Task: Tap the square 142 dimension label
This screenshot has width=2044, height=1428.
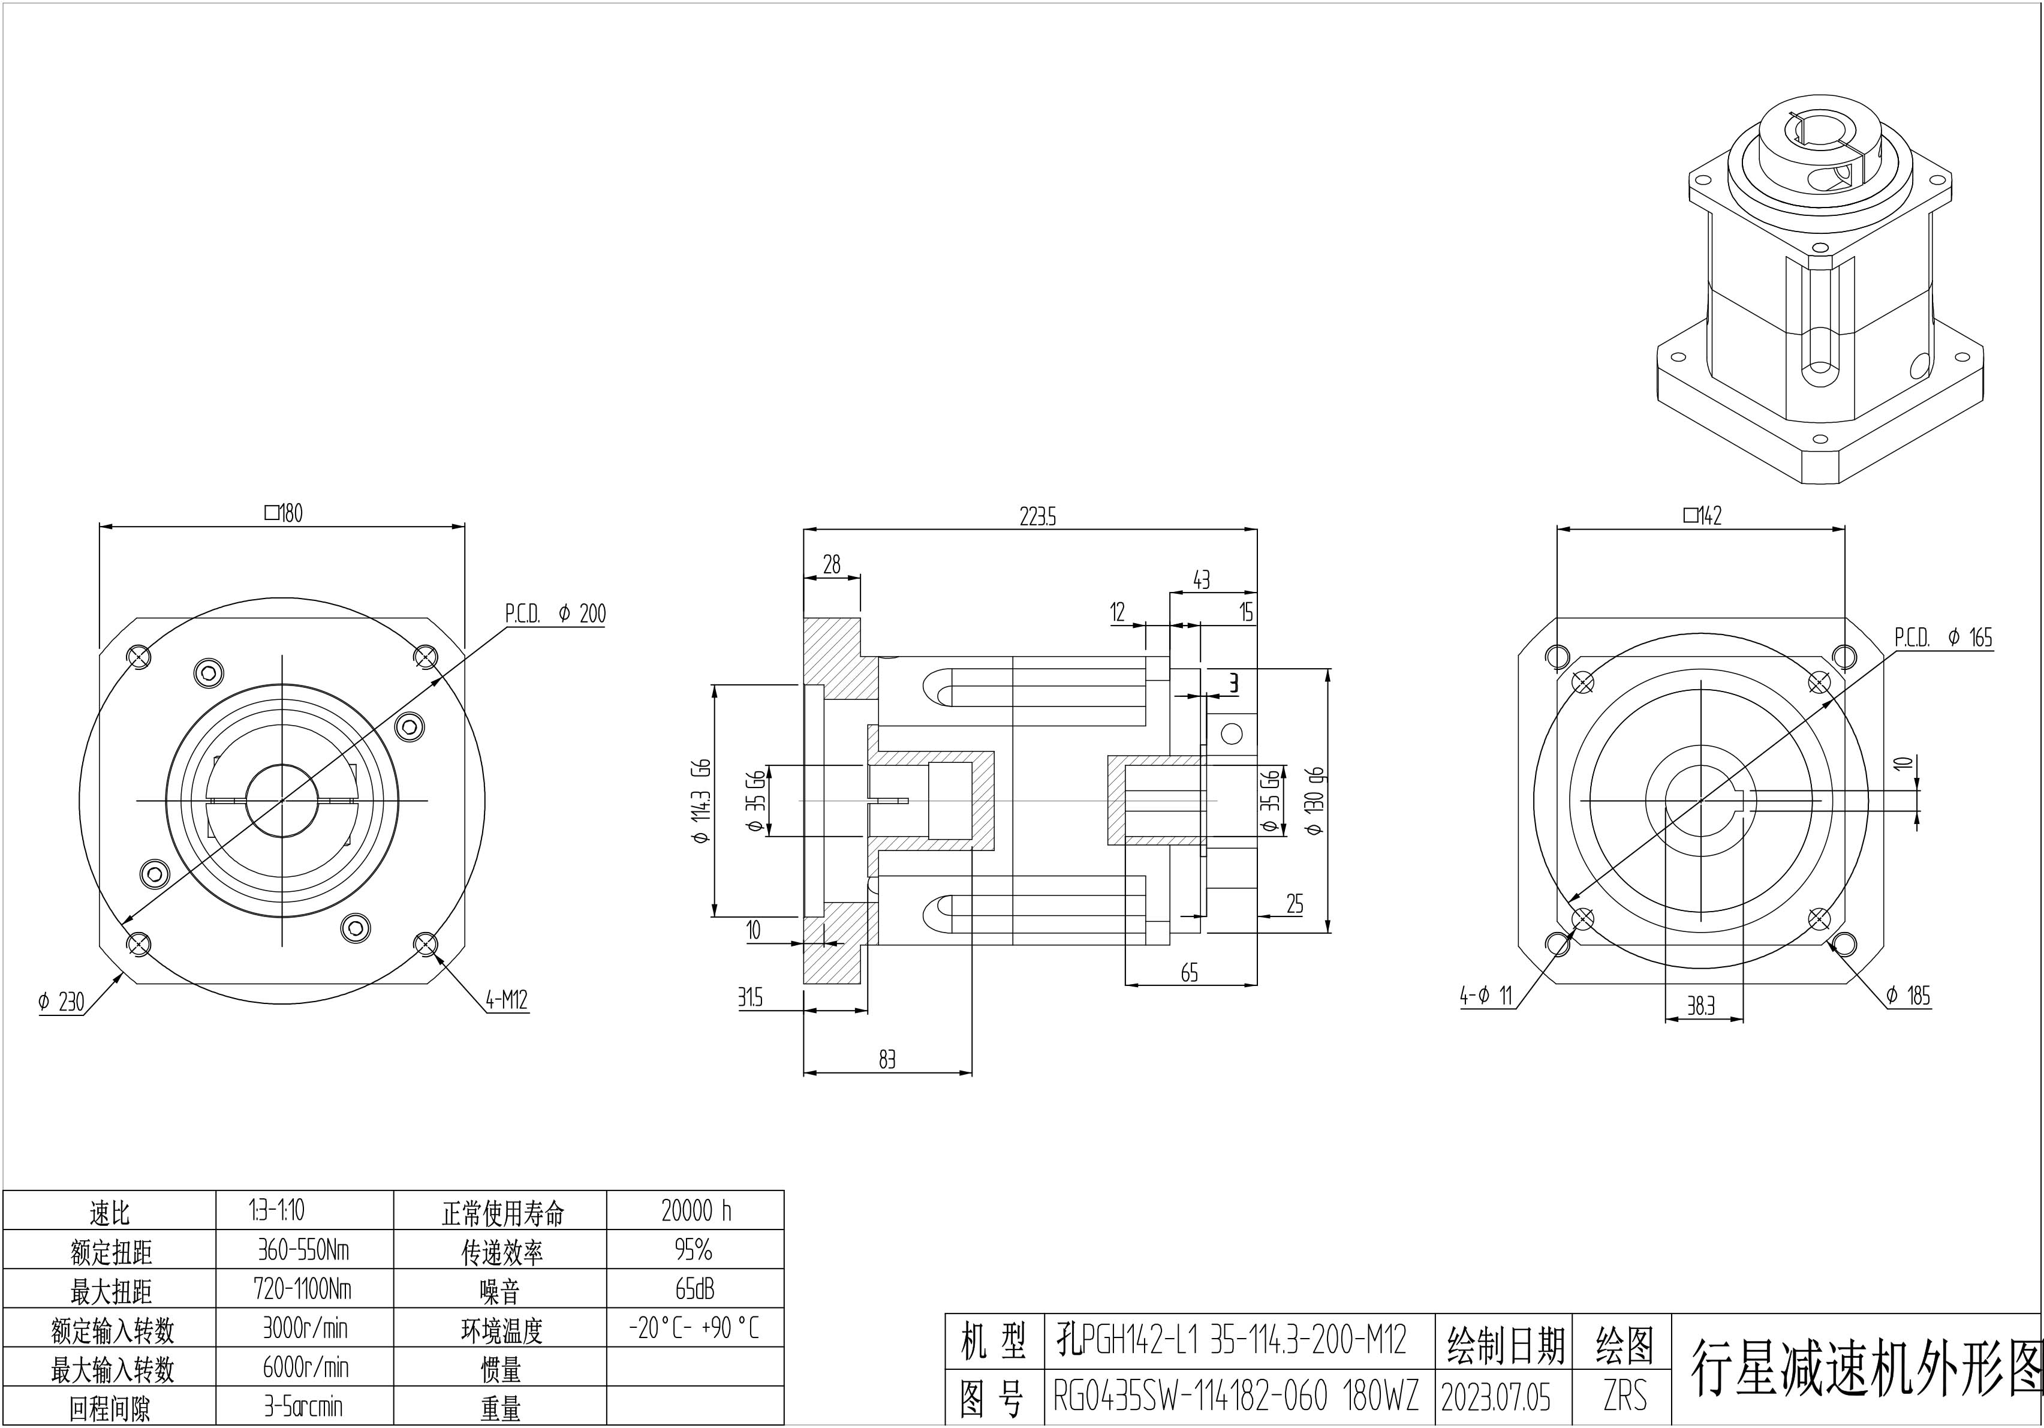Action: pyautogui.click(x=1702, y=515)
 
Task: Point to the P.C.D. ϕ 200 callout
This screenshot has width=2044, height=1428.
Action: pyautogui.click(x=555, y=614)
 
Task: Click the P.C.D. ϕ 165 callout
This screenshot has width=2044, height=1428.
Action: pyautogui.click(x=1943, y=638)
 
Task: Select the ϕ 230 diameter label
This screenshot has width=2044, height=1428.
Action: pyautogui.click(x=61, y=1002)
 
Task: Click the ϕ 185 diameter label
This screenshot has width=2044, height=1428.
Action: pyautogui.click(x=1908, y=996)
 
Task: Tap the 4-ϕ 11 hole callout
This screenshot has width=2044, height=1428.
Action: pyautogui.click(x=1486, y=996)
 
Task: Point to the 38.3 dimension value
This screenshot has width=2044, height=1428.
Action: pyautogui.click(x=1700, y=1006)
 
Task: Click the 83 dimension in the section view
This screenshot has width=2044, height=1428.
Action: pyautogui.click(x=887, y=1059)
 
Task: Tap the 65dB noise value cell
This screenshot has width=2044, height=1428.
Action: pyautogui.click(x=696, y=1289)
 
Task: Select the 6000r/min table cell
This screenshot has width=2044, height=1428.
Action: pyautogui.click(x=305, y=1367)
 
